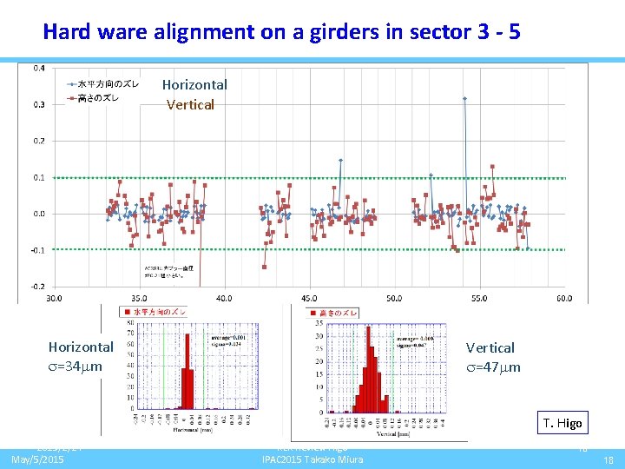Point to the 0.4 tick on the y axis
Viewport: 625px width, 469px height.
click(40, 69)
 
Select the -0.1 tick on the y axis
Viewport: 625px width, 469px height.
click(39, 250)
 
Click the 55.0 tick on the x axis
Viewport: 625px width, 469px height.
click(479, 298)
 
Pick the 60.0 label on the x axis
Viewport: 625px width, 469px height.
click(563, 298)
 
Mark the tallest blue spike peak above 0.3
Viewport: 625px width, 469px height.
click(464, 98)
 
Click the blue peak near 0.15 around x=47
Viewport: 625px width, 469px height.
click(340, 160)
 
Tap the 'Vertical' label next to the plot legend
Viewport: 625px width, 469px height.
click(190, 104)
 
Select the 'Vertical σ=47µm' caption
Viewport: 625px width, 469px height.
click(493, 357)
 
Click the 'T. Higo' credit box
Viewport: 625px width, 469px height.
click(563, 423)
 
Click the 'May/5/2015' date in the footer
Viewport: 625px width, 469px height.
click(37, 459)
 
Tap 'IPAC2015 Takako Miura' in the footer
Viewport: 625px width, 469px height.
click(312, 459)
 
